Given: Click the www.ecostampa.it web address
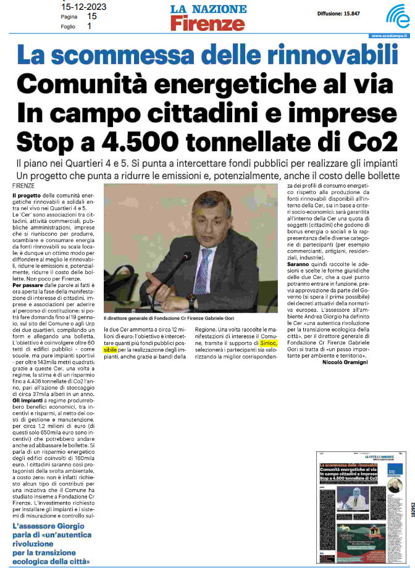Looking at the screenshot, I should (390, 36).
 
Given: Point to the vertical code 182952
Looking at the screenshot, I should (409, 498).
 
